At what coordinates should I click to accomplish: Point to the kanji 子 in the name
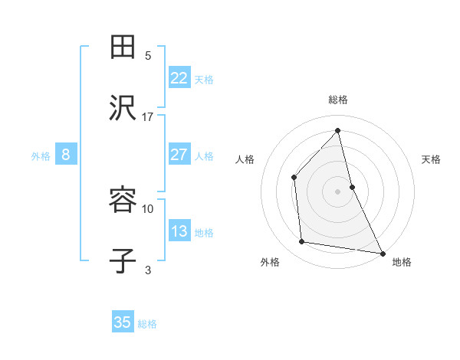[x=123, y=261]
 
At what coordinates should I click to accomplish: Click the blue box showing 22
[x=179, y=78]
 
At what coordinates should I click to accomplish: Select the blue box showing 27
[x=179, y=155]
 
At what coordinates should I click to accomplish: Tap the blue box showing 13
[x=179, y=231]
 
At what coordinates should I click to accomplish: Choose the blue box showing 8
[x=66, y=155]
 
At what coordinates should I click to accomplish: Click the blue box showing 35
[x=123, y=322]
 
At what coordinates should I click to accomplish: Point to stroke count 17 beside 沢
[x=148, y=117]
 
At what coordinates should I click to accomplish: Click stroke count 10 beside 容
[x=148, y=208]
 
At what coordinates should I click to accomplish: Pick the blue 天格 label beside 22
[x=204, y=79]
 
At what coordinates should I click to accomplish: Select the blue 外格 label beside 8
[x=41, y=155]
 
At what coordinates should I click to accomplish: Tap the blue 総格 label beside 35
[x=147, y=323]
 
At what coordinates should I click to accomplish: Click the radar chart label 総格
[x=338, y=100]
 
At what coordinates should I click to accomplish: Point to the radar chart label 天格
[x=431, y=159]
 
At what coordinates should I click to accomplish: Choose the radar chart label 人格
[x=245, y=159]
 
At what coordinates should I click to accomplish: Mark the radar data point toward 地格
[x=382, y=252]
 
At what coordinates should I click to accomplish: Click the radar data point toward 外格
[x=302, y=242]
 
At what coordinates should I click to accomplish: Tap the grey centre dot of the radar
[x=338, y=191]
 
